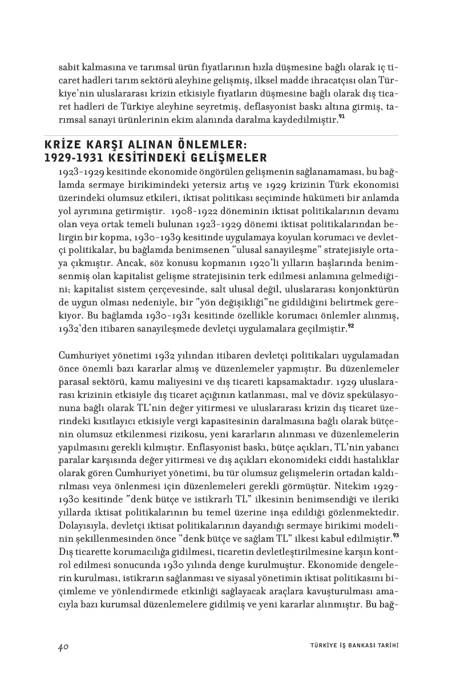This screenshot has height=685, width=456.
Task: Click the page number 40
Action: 63,646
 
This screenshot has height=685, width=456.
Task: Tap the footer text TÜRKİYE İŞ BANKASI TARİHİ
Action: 350,646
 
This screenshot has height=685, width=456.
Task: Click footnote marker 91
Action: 341,118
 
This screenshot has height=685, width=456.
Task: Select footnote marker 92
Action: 350,325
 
